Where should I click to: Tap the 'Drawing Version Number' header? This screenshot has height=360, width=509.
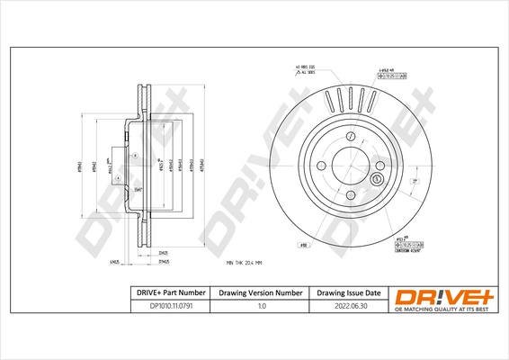261,292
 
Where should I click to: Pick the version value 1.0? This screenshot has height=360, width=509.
261,305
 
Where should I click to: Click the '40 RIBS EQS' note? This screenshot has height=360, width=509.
308,67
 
